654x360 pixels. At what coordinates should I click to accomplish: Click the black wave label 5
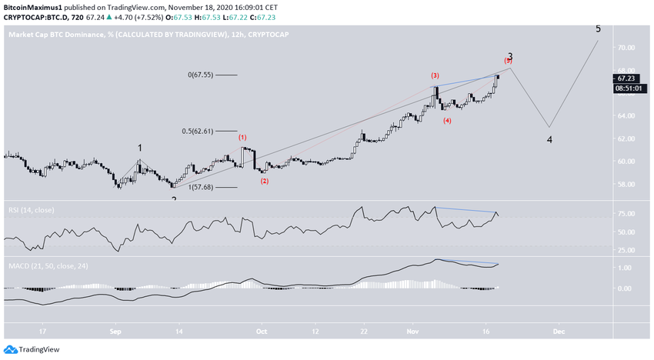(x=598, y=29)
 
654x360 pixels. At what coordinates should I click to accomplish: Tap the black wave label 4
(x=549, y=140)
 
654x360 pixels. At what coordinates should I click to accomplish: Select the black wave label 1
(x=140, y=147)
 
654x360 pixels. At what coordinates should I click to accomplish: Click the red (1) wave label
(x=242, y=138)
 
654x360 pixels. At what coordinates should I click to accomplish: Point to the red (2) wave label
(x=265, y=181)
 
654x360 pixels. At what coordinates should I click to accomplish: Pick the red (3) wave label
(x=435, y=75)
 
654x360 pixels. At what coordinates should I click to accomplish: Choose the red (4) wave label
(x=447, y=121)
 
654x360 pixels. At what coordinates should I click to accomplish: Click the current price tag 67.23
(x=625, y=78)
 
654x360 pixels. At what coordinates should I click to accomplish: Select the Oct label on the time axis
(x=261, y=332)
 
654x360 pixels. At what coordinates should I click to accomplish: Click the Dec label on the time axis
(x=559, y=332)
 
